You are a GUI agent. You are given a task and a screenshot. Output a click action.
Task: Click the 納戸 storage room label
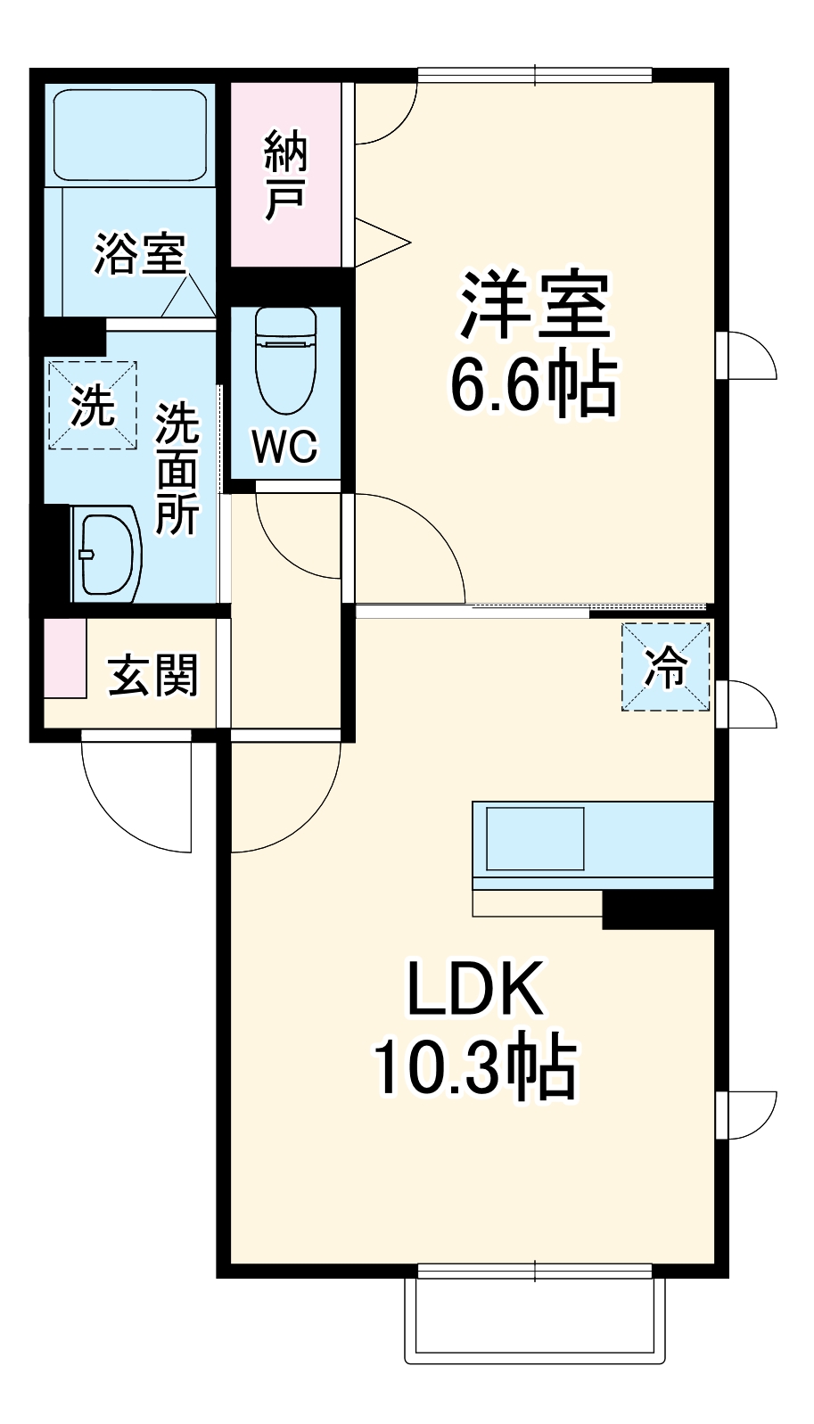click(285, 175)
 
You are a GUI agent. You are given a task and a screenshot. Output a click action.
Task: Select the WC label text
click(284, 447)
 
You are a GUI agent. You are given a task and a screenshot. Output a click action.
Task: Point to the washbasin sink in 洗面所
click(107, 553)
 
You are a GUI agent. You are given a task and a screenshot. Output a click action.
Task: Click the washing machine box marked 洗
click(93, 407)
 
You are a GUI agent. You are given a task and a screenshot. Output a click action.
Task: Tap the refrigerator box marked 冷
click(666, 667)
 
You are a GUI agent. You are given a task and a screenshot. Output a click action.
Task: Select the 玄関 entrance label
click(152, 675)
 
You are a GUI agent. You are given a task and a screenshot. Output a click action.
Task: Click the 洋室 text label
click(534, 305)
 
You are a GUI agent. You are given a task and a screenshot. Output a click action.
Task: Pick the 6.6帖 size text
click(532, 386)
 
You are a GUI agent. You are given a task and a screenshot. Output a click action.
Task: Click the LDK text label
click(474, 989)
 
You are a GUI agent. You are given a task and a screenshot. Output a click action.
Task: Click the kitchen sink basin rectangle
click(534, 839)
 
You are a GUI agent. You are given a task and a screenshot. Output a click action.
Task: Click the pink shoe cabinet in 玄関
click(64, 657)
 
